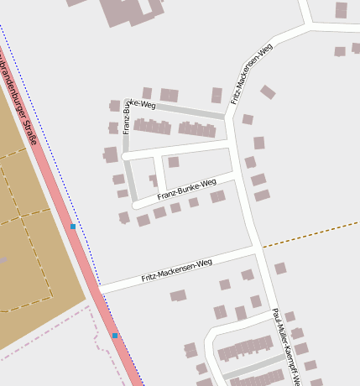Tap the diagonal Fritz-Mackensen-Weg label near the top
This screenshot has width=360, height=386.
coord(252,73)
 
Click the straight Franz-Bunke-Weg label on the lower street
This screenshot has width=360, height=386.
coord(180,190)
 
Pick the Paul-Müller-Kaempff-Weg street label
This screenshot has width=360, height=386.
coord(286,344)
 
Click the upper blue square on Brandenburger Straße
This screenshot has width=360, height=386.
coord(73,227)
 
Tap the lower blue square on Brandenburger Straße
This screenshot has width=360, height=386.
coord(115,336)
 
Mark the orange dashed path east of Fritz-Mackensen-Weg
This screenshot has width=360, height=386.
coord(310,234)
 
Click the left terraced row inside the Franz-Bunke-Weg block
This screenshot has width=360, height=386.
coord(152,128)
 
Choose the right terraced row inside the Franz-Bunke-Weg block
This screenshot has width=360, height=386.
coord(197,129)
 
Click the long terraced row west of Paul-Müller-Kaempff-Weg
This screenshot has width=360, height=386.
coord(246,348)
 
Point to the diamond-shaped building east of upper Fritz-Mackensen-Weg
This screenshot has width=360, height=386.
coord(268,91)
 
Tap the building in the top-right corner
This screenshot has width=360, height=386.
coord(341,10)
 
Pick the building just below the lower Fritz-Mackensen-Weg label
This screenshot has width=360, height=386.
coord(178,295)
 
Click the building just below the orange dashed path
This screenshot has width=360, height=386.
coord(280,269)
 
